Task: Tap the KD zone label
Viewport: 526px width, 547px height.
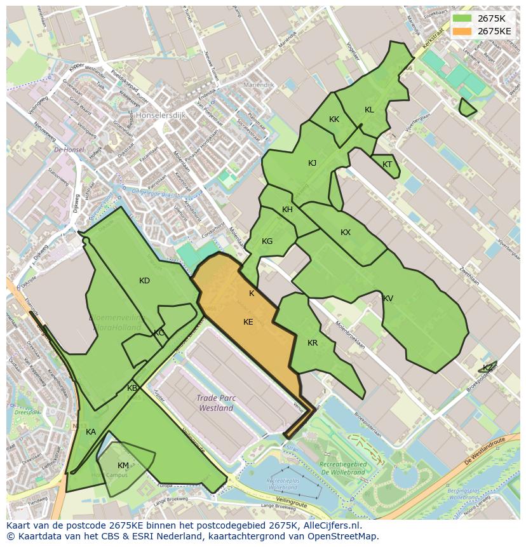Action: (x=145, y=281)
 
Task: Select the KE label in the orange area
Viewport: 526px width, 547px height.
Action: (x=248, y=322)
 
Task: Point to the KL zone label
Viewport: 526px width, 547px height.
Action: (x=369, y=110)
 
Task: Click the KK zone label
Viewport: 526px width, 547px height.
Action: (x=334, y=119)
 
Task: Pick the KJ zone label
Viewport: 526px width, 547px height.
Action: (x=312, y=163)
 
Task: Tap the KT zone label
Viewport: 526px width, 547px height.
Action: (x=388, y=165)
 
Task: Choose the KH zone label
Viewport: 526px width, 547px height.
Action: (x=287, y=210)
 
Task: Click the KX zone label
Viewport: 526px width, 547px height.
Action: (x=346, y=233)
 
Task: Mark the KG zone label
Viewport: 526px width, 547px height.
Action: (x=267, y=241)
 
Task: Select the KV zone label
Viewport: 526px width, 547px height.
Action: (x=388, y=299)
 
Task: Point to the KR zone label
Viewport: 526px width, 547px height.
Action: (x=313, y=343)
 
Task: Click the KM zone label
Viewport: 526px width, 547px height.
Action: (x=123, y=466)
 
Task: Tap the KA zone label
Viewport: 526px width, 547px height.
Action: (x=91, y=432)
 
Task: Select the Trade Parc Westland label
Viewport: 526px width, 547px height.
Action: (x=216, y=403)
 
